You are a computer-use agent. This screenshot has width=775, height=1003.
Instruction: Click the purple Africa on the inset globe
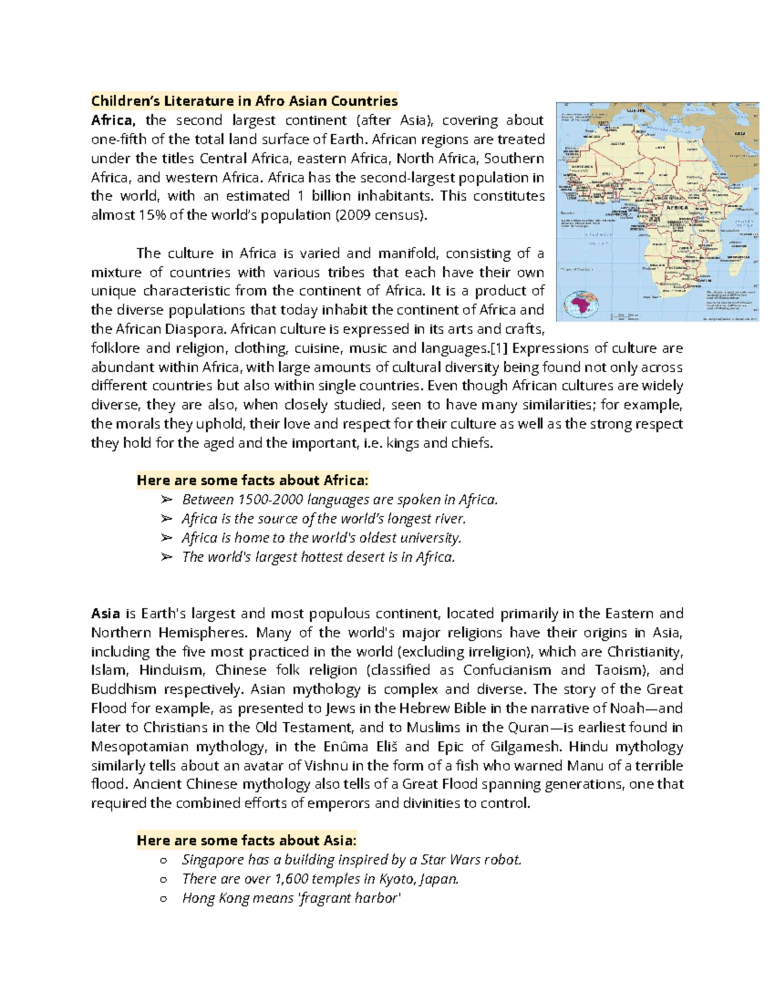pos(582,304)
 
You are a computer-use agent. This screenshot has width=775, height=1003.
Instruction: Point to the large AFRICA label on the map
pos(676,208)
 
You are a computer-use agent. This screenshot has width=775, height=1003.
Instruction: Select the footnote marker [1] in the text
pos(500,348)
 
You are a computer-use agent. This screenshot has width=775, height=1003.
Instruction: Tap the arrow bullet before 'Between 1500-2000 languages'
pos(167,500)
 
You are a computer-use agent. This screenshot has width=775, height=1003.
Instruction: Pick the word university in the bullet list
pos(430,538)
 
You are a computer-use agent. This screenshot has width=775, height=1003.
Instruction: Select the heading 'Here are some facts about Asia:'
pos(246,840)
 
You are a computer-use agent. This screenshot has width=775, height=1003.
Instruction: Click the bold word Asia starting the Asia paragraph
pos(105,614)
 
